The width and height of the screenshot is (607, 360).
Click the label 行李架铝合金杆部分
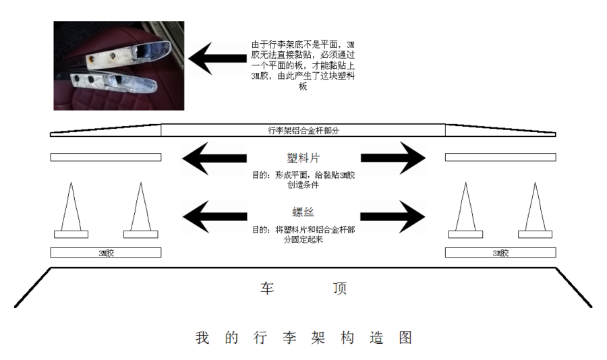coord(303,131)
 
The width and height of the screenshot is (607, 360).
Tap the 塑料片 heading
coord(303,158)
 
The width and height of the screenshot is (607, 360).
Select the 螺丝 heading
coord(303,212)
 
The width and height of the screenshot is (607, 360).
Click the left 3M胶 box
coord(106,252)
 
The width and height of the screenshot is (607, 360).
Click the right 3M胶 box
coord(500,252)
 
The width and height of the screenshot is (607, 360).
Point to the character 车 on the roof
coord(268,289)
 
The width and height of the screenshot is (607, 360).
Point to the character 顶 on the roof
coord(339,289)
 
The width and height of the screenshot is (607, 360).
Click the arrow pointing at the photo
coord(217,59)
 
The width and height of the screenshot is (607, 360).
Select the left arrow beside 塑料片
coord(214,158)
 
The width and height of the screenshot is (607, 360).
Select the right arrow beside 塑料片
coord(393,158)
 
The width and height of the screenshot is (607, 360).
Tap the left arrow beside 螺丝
coord(214,216)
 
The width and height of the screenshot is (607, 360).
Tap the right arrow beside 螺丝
coord(393,216)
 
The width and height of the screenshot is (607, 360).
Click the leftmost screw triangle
coord(71,209)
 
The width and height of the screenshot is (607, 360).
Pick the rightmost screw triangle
coord(535,209)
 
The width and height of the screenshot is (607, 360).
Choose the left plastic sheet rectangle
coord(106,157)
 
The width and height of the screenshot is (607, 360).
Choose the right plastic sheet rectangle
coord(500,157)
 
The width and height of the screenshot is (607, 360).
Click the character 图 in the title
coord(405,338)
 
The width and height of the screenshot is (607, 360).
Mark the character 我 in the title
coord(202,338)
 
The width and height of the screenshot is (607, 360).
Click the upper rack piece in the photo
coord(127,55)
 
